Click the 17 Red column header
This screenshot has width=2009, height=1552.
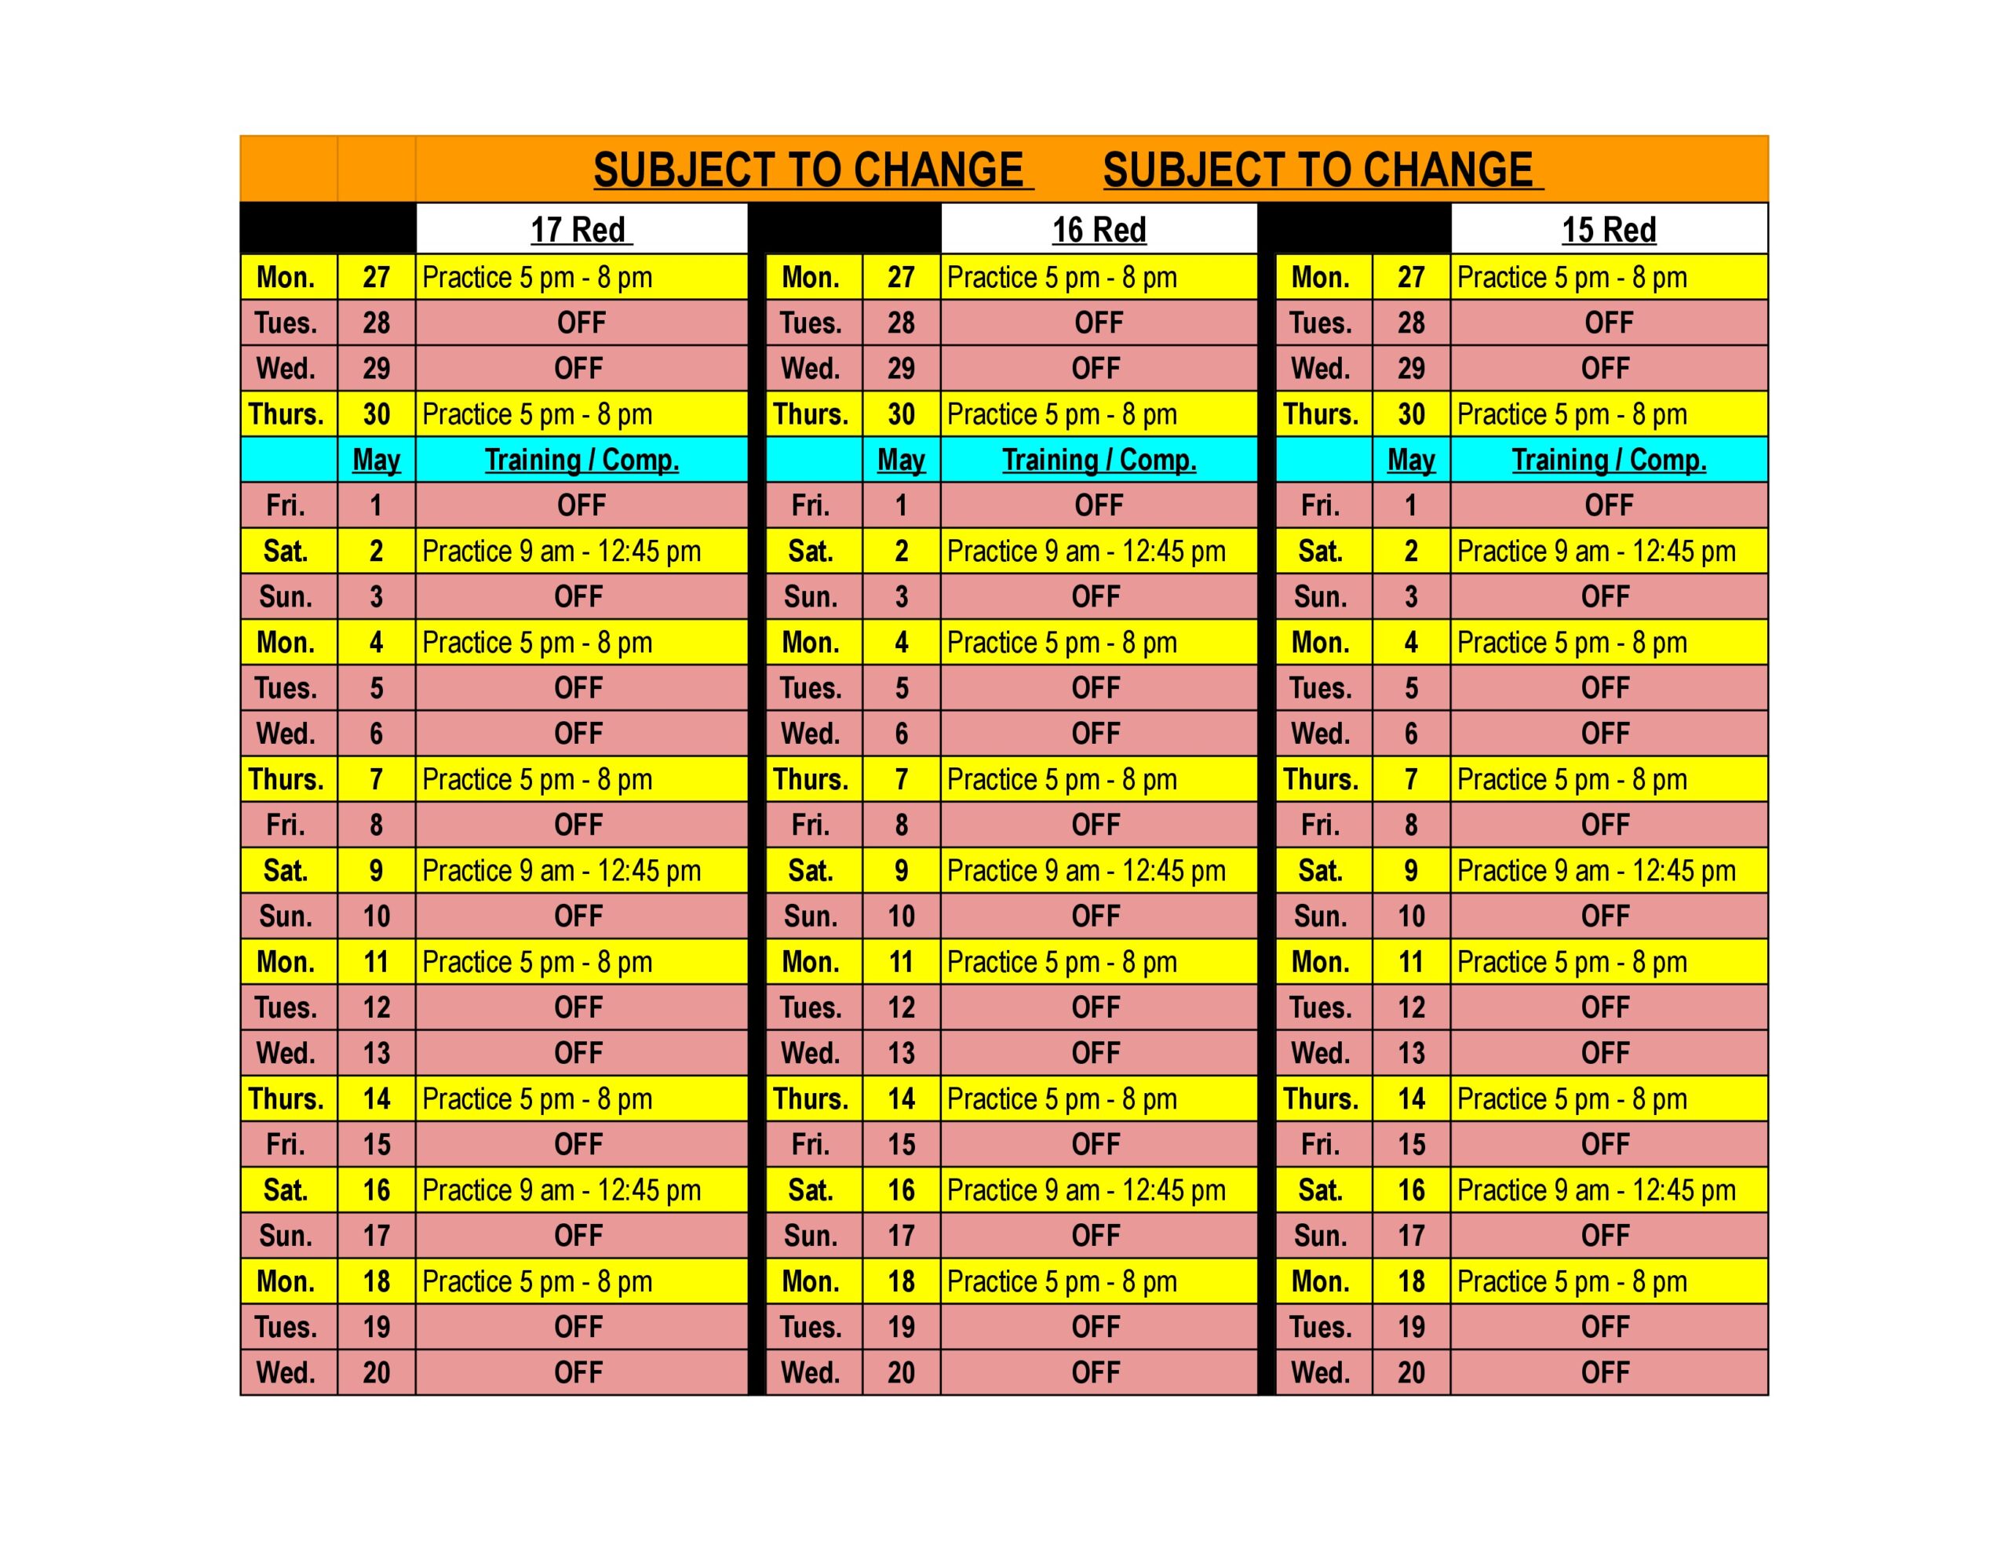coord(581,229)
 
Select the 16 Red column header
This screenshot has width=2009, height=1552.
coord(1099,229)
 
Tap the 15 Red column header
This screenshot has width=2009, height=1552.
coord(1608,229)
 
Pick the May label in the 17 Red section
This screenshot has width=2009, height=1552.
coord(376,459)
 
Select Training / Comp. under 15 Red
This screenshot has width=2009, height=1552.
coord(1608,459)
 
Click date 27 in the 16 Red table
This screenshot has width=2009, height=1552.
coord(901,277)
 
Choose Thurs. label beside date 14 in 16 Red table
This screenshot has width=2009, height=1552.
coord(811,1098)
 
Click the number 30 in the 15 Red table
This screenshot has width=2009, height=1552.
coord(1411,414)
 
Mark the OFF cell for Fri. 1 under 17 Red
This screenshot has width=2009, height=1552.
coord(581,505)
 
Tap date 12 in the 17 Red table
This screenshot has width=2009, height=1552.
coord(376,1007)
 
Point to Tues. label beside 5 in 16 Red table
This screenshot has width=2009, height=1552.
coord(811,688)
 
